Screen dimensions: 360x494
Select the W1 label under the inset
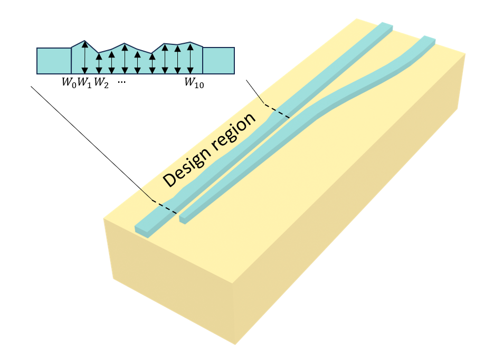pyautogui.click(x=84, y=83)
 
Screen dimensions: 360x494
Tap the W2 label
pyautogui.click(x=101, y=83)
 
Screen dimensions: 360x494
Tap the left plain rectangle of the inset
pyautogui.click(x=53, y=61)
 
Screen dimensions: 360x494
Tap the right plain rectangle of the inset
pyautogui.click(x=218, y=61)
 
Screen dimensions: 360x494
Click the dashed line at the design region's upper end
pyautogui.click(x=277, y=111)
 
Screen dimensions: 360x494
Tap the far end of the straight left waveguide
pyautogui.click(x=386, y=26)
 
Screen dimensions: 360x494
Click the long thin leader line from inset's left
pyautogui.click(x=90, y=143)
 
